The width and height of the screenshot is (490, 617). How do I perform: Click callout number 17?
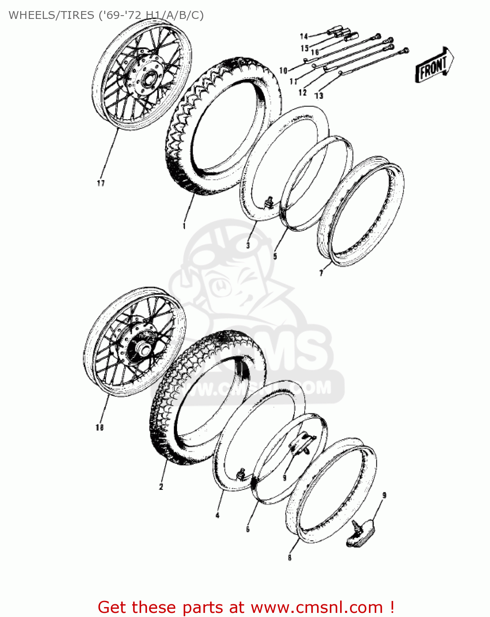pos(101,183)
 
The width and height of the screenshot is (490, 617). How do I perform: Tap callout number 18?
pos(99,427)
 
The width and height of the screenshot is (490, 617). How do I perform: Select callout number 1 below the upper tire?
pos(184,226)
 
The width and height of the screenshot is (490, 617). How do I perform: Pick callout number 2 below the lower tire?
pos(161,487)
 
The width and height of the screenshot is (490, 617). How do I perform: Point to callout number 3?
pos(248,246)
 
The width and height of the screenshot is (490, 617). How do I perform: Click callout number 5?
pos(275,256)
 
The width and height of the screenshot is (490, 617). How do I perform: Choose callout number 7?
pos(322,272)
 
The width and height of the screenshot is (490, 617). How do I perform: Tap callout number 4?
pos(217,515)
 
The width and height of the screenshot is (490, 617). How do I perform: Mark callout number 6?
pos(248,529)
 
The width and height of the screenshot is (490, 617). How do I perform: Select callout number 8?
pos(290,558)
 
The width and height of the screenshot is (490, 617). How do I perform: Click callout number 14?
pos(304,37)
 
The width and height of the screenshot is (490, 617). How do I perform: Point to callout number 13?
pos(319,96)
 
